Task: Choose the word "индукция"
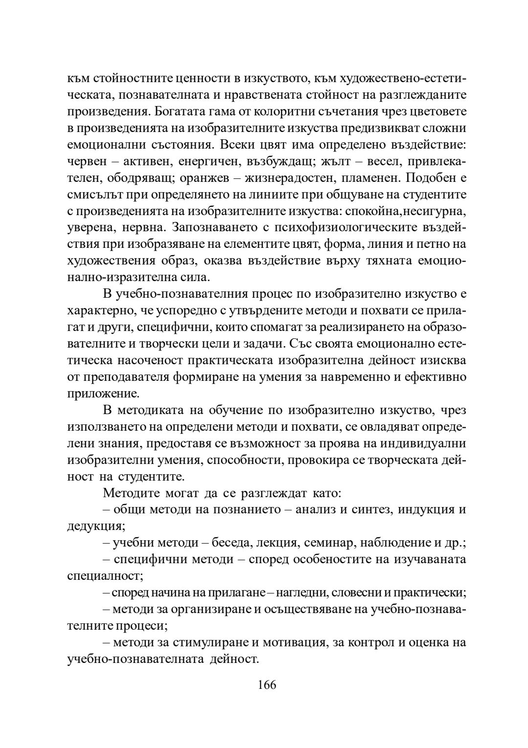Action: [424, 509]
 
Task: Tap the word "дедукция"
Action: [95, 526]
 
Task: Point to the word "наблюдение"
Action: [391, 543]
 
